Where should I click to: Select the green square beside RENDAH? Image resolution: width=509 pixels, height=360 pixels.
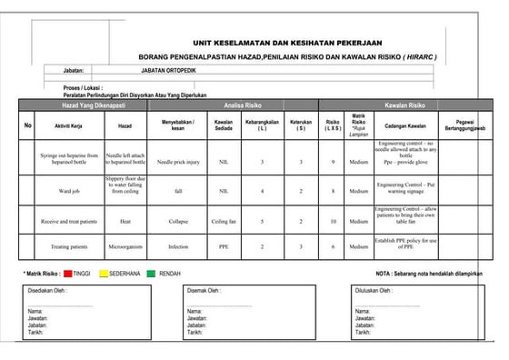tap(178, 272)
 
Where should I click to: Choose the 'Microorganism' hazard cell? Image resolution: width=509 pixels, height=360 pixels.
tap(125, 245)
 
